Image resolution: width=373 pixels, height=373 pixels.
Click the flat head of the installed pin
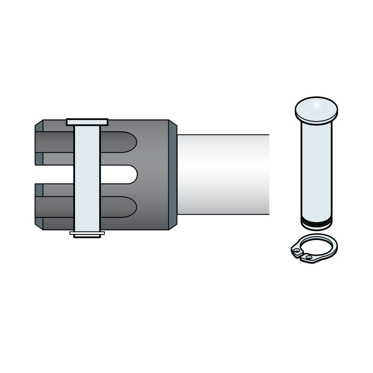pyautogui.click(x=87, y=122)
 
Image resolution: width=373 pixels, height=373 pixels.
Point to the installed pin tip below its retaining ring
pyautogui.click(x=87, y=236)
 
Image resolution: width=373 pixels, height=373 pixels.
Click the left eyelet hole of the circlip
pyautogui.click(x=297, y=251)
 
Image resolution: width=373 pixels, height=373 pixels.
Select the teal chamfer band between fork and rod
pyautogui.click(x=173, y=175)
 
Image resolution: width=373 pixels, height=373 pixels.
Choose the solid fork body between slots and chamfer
pyautogui.click(x=153, y=175)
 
